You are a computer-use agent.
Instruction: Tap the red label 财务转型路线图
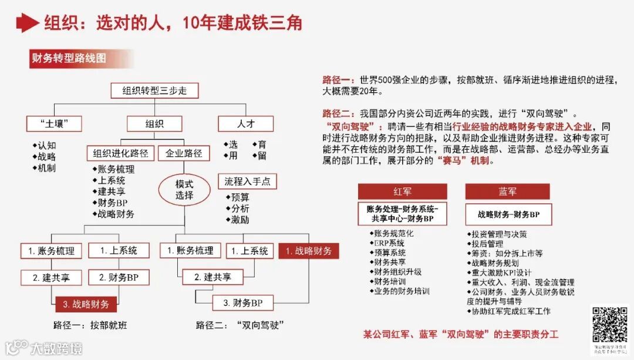(69, 59)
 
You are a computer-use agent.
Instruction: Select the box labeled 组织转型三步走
(154, 90)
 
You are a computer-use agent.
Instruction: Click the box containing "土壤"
(53, 123)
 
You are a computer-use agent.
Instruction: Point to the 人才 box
(245, 123)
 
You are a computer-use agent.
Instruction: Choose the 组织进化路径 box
(120, 153)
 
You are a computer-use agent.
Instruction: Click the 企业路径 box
(184, 153)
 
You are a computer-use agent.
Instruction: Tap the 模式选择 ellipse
(184, 189)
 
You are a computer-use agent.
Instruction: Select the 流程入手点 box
(247, 181)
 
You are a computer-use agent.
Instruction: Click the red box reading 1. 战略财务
(308, 251)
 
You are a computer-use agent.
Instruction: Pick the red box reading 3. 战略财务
(86, 304)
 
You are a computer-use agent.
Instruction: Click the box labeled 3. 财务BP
(242, 303)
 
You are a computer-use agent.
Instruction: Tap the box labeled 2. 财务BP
(119, 277)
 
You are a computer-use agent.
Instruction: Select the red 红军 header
(402, 191)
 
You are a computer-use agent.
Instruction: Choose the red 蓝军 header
(507, 191)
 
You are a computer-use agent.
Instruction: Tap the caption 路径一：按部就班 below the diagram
(90, 325)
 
